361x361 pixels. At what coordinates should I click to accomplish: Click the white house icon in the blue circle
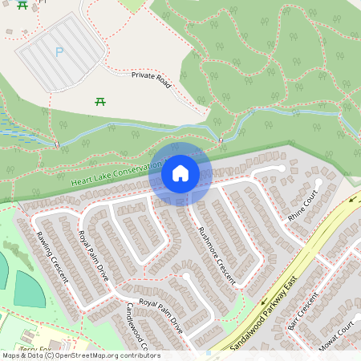point(180,172)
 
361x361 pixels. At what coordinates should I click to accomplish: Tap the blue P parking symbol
point(59,52)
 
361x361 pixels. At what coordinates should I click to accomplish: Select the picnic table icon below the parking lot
point(100,101)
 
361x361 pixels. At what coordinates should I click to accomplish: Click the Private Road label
point(152,79)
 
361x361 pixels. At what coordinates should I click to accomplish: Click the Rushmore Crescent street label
point(216,254)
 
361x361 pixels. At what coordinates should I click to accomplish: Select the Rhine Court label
point(303,206)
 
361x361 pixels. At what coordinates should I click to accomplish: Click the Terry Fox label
point(34,350)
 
